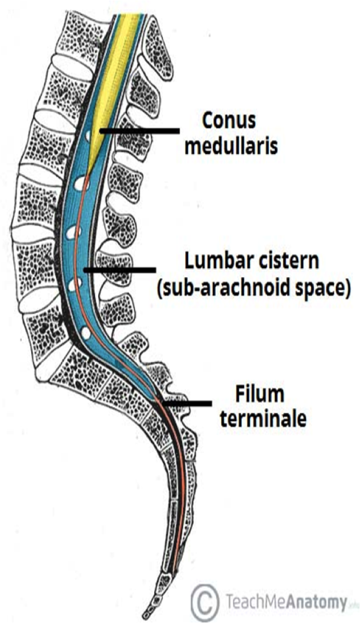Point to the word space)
(x=318, y=289)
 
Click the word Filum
(x=259, y=394)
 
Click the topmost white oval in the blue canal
(x=88, y=136)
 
